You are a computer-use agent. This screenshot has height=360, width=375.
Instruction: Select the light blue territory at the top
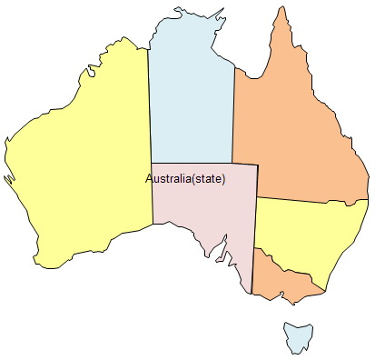(191, 91)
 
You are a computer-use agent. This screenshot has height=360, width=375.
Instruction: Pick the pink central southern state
(204, 205)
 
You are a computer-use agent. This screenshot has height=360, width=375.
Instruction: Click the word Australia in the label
(168, 178)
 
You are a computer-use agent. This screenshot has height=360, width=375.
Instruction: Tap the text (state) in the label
(209, 178)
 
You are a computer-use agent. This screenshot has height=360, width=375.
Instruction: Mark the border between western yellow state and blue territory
(149, 109)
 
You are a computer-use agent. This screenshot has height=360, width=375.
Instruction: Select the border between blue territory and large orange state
(234, 109)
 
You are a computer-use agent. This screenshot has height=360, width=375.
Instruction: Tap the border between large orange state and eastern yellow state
(313, 199)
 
